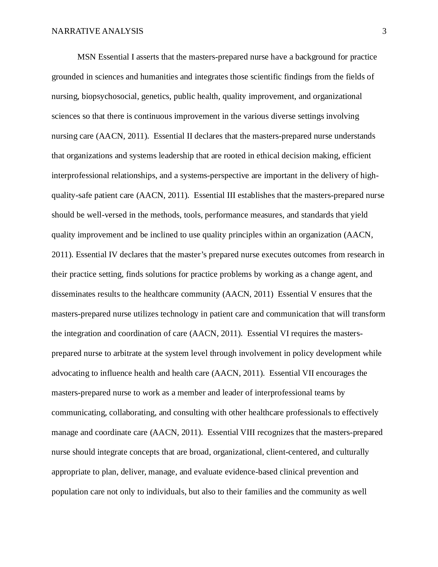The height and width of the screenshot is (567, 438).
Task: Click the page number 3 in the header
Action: point(384,31)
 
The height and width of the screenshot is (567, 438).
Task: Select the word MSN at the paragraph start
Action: point(87,57)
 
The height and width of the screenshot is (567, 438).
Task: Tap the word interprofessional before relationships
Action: point(80,176)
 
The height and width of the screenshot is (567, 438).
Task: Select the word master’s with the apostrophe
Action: point(192,254)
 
